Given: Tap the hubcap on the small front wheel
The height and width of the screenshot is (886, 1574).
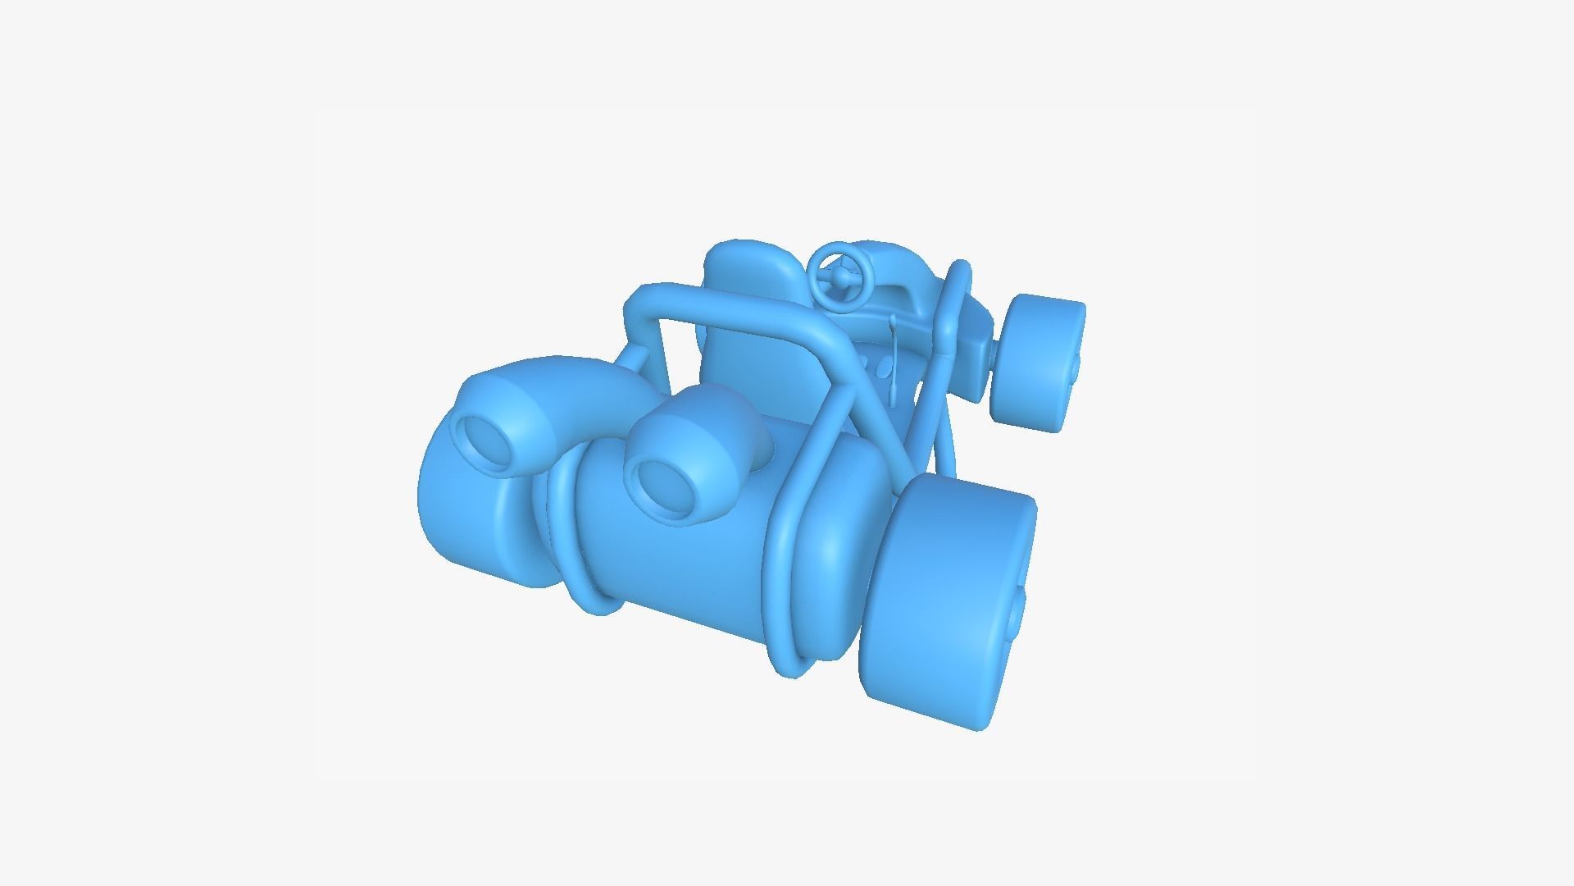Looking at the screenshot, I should [1075, 369].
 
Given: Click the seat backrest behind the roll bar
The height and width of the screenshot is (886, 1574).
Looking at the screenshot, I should [742, 345].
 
